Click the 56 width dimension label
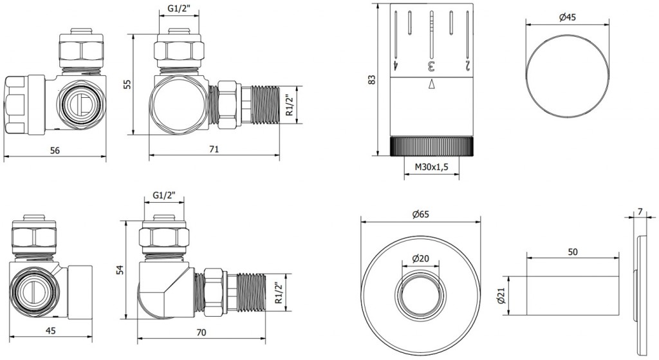click(x=55, y=150)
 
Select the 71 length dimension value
click(x=214, y=149)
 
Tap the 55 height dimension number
click(x=128, y=84)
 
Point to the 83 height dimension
click(x=371, y=80)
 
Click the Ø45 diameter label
click(x=568, y=17)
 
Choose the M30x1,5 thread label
click(x=432, y=167)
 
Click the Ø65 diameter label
click(x=421, y=214)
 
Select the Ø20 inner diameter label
click(x=421, y=258)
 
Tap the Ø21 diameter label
click(x=499, y=296)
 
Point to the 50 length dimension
click(x=572, y=252)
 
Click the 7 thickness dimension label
click(x=640, y=212)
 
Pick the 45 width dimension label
click(x=50, y=331)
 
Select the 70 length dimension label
click(x=201, y=332)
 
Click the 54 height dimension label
click(x=119, y=270)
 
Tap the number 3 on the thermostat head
click(x=431, y=66)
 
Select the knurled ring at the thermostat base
click(x=432, y=146)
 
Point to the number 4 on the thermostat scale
click(x=396, y=66)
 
